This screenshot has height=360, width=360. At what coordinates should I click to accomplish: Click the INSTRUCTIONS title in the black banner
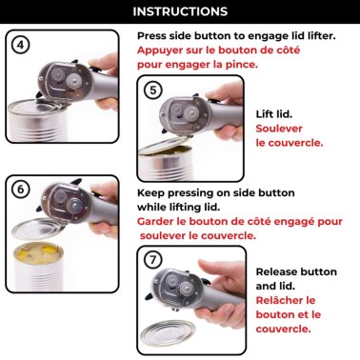(x=180, y=12)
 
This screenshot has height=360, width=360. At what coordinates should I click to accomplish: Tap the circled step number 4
(x=22, y=45)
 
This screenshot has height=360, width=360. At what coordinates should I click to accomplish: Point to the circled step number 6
(x=22, y=189)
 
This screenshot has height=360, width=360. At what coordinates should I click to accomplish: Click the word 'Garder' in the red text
(x=160, y=221)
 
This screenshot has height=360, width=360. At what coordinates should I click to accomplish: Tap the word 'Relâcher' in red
(x=284, y=299)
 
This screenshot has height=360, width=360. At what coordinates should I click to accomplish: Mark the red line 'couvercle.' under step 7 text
(x=284, y=329)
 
